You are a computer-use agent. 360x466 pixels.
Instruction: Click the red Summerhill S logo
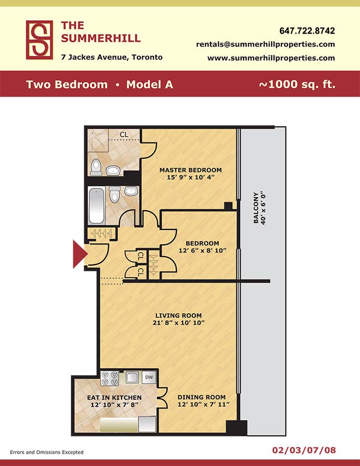(39, 40)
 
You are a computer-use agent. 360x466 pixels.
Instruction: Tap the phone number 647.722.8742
(307, 31)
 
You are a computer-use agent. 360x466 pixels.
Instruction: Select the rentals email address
(266, 45)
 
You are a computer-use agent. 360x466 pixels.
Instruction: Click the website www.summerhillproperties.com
(271, 58)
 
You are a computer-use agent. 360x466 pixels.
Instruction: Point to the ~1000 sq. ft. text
(297, 84)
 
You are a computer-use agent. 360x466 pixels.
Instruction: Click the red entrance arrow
(80, 254)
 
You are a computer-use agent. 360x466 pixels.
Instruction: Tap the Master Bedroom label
(190, 170)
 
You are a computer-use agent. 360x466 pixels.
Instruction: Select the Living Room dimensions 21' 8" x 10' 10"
(178, 323)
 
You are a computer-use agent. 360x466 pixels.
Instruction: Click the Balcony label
(256, 208)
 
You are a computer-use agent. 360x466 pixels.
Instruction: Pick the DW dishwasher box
(149, 377)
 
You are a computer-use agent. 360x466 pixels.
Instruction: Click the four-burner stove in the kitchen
(110, 378)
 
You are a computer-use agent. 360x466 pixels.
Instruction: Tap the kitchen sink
(132, 377)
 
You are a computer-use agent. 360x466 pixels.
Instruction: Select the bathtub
(96, 206)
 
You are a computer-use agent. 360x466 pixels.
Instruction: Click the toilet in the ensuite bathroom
(96, 167)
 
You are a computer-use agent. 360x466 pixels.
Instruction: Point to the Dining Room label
(202, 397)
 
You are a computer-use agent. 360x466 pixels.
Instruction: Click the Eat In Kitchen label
(114, 397)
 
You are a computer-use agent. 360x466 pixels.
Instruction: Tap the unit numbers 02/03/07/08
(304, 450)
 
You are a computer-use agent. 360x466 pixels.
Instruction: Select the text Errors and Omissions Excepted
(47, 452)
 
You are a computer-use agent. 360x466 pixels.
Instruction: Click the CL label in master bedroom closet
(124, 135)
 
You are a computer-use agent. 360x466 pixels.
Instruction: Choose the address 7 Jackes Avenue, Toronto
(112, 57)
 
